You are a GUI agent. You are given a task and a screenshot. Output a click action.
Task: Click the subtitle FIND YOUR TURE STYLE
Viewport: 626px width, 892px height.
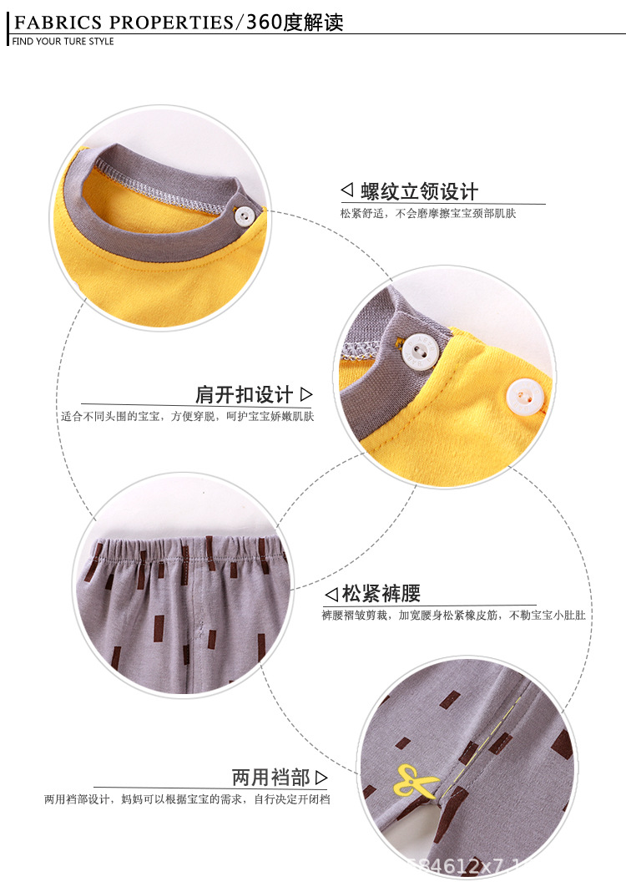point(63,42)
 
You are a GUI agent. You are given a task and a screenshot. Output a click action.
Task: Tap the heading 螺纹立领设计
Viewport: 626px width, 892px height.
point(420,191)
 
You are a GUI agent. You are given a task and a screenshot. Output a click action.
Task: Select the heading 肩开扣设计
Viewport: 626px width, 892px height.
point(244,394)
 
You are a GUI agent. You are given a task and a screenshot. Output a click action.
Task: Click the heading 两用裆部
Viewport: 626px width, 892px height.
point(270,778)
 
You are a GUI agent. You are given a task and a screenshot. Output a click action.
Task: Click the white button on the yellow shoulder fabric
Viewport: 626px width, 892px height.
point(524,394)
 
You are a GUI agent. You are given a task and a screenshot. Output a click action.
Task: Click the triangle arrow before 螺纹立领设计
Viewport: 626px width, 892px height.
point(347,191)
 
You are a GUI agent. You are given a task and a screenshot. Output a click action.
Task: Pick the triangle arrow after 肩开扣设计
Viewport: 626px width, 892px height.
point(305,394)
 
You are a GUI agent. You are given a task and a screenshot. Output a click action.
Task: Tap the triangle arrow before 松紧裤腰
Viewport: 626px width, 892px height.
point(331,595)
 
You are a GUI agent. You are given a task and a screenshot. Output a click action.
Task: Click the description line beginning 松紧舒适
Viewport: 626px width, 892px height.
point(427,214)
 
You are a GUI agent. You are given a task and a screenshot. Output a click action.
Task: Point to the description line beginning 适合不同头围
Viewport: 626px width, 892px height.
point(187,416)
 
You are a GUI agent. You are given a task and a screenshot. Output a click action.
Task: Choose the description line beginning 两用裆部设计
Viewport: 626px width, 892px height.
point(187,799)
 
